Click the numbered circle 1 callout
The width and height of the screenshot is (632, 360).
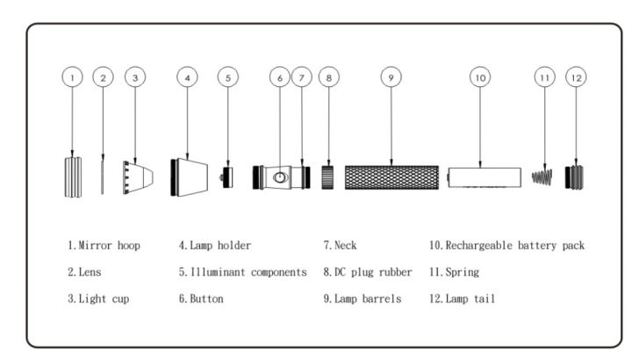point(73,77)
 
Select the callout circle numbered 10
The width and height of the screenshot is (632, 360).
point(480,77)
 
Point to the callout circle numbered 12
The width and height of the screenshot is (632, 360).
point(576,77)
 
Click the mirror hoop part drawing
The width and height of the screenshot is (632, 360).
point(73,177)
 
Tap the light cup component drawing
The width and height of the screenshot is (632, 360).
point(139,177)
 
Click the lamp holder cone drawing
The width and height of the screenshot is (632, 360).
point(189,176)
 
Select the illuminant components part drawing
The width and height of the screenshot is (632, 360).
point(227,176)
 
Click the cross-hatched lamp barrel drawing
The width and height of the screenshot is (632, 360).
point(391,177)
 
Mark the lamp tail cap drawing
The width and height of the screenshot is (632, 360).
point(577,177)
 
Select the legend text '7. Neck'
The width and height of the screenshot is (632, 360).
point(341,246)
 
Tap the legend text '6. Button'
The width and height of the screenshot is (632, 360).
point(200,299)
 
